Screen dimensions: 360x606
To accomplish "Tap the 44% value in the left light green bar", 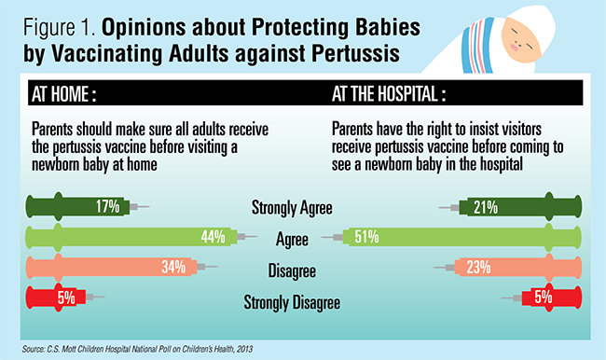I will pyautogui.click(x=213, y=237).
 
